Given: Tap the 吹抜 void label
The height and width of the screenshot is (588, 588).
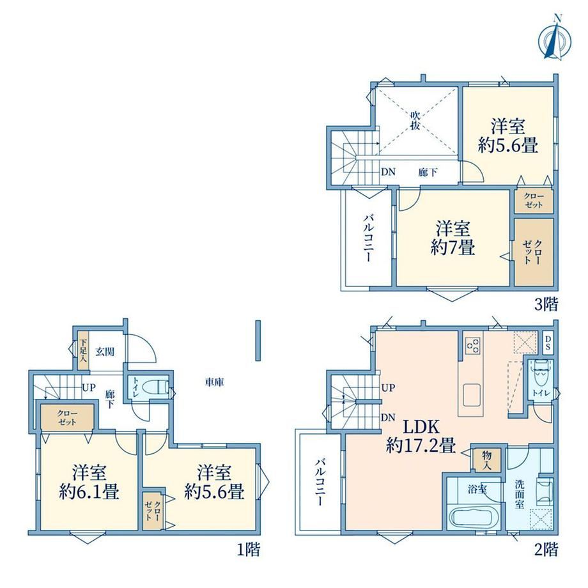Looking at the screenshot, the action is tap(414, 120).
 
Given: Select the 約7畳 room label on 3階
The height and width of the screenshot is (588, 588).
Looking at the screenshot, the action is tap(453, 238).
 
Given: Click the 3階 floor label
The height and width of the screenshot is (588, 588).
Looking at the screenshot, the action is tap(546, 304).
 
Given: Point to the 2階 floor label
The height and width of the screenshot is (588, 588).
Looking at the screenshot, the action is tap(546, 550).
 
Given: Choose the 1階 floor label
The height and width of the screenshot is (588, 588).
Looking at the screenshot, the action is tap(248, 550).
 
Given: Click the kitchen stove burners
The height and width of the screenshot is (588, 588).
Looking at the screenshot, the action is tap(472, 345).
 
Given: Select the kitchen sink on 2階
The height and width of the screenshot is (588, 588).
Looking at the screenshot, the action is tap(472, 395).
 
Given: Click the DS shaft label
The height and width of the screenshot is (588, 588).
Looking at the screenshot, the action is tap(548, 343).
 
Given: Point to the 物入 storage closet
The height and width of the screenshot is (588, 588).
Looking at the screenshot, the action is tap(486, 460).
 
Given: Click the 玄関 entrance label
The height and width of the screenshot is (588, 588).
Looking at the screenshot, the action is tap(105, 352).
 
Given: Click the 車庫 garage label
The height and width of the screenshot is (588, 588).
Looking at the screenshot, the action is tap(214, 382).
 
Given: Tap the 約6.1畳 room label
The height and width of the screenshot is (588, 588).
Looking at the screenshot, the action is tap(89, 482).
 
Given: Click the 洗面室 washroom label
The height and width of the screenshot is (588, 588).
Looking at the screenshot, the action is tap(519, 494).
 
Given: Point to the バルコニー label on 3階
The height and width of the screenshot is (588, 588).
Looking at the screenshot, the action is tap(367, 238).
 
